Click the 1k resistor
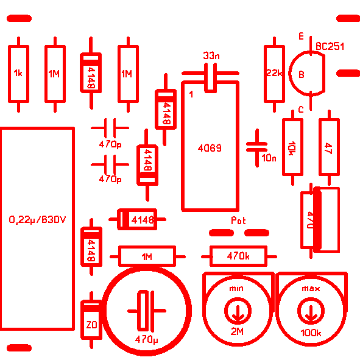tap(19, 74)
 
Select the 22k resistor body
tap(274, 74)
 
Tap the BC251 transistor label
tap(330, 46)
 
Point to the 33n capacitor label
tap(211, 55)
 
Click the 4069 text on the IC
tap(210, 148)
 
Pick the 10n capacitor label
tap(269, 158)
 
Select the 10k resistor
tap(292, 147)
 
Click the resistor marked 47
tap(329, 147)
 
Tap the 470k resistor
tap(239, 256)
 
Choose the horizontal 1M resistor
tap(147, 256)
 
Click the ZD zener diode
tap(91, 320)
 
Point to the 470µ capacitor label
tap(146, 339)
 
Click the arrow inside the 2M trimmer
tap(238, 312)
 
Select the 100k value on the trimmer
tap(311, 333)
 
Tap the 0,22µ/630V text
tap(37, 220)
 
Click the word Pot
tap(238, 221)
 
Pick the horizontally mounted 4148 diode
tap(137, 219)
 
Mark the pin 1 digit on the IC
tap(191, 94)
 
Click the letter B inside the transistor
tap(302, 74)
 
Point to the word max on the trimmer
tap(311, 289)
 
